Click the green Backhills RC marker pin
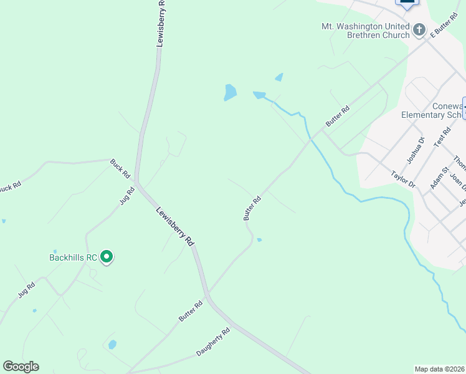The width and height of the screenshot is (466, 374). click(x=107, y=256)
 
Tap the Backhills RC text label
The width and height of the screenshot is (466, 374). click(x=73, y=257)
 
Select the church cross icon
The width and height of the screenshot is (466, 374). click(x=419, y=29)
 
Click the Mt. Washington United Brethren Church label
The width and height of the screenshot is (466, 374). click(x=365, y=31)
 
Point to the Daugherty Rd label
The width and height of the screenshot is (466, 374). click(x=213, y=342)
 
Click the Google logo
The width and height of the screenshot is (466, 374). click(x=21, y=367)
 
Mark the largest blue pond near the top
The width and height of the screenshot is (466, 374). click(x=230, y=93)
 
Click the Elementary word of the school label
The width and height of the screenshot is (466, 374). click(x=423, y=115)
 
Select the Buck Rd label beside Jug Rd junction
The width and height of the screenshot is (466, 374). click(x=120, y=168)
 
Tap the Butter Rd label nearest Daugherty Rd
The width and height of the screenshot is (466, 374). click(x=191, y=311)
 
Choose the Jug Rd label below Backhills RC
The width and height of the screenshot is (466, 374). click(x=26, y=289)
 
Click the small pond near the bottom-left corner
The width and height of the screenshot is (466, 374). click(x=112, y=344)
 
